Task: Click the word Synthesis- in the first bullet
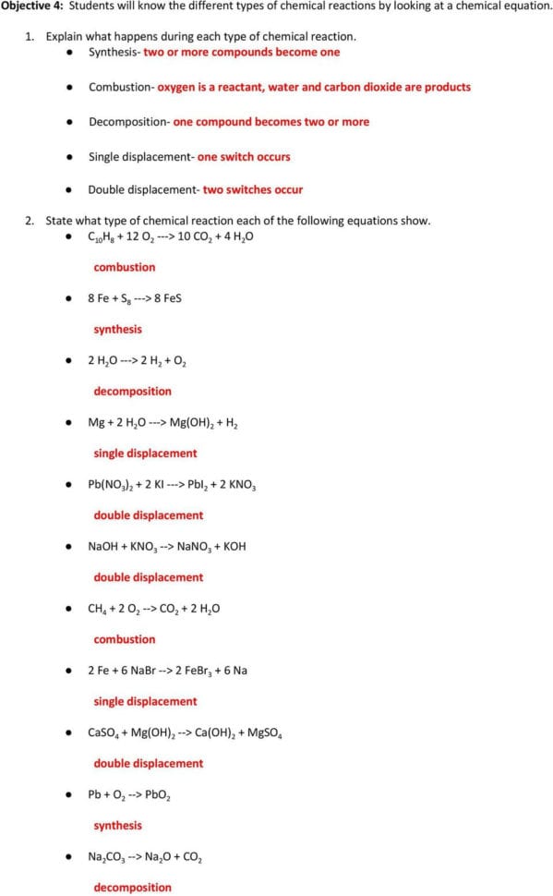coord(114,52)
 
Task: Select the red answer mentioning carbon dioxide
coord(314,87)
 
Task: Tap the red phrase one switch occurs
coord(244,156)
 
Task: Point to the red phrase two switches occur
coord(252,189)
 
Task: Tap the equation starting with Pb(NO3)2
coord(173,484)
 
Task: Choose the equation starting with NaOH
coord(167,546)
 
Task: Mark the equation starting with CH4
coord(154,608)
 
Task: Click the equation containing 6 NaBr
coord(167,670)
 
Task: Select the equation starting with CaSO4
coord(186,733)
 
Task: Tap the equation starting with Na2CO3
coord(145,856)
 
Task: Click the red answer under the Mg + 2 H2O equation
coord(145,454)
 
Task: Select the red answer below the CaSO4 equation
coord(148,763)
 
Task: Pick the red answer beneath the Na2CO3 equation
coord(132,888)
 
